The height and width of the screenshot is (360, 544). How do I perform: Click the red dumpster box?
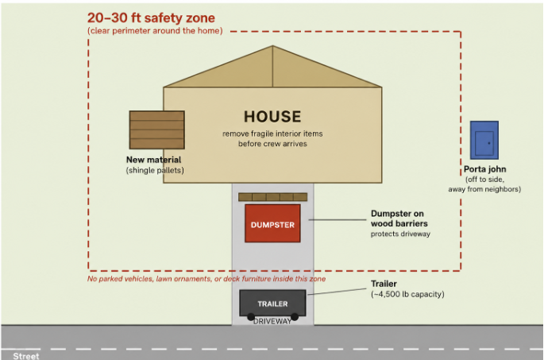pyautogui.click(x=272, y=223)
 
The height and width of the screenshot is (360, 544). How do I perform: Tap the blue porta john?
pyautogui.click(x=484, y=140)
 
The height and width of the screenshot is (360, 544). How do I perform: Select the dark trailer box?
pyautogui.click(x=272, y=303)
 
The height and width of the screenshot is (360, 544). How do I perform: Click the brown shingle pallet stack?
pyautogui.click(x=156, y=130)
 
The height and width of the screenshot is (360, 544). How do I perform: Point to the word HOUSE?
pyautogui.click(x=272, y=117)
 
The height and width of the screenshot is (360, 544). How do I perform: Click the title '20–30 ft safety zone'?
pyautogui.click(x=151, y=17)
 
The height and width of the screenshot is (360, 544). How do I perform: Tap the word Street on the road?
pyautogui.click(x=26, y=356)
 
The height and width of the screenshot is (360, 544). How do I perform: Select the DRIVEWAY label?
pyautogui.click(x=272, y=322)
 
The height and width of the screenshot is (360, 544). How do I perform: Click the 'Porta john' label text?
pyautogui.click(x=485, y=169)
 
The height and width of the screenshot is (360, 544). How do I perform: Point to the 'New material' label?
pyautogui.click(x=154, y=160)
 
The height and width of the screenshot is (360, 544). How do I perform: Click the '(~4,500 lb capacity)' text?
pyautogui.click(x=407, y=294)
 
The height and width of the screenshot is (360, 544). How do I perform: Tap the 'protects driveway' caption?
pyautogui.click(x=401, y=234)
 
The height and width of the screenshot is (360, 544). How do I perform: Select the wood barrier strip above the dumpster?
pyautogui.click(x=272, y=197)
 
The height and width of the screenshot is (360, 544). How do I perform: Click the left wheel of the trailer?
pyautogui.click(x=251, y=316)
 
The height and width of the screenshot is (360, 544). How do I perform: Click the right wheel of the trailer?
pyautogui.click(x=295, y=316)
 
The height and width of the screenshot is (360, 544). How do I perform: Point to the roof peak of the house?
pyautogui.click(x=272, y=45)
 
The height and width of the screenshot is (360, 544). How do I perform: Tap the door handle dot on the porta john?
pyautogui.click(x=489, y=143)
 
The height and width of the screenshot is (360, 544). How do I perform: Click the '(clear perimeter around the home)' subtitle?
pyautogui.click(x=155, y=31)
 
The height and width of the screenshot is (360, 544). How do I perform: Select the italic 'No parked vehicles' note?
pyautogui.click(x=206, y=279)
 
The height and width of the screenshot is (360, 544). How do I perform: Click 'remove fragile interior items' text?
pyautogui.click(x=272, y=134)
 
